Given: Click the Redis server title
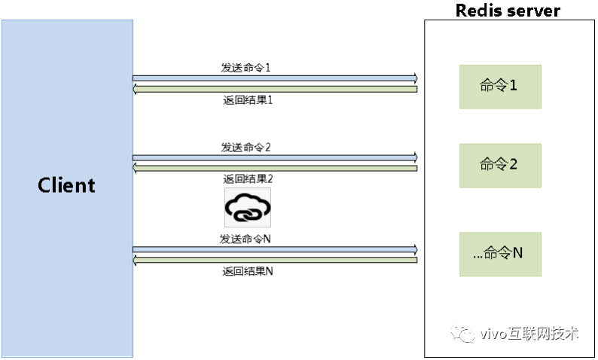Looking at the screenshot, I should pyautogui.click(x=508, y=11).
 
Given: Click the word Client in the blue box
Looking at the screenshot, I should pyautogui.click(x=67, y=185).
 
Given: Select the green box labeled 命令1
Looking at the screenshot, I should pyautogui.click(x=500, y=86).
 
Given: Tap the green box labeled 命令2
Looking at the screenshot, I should pyautogui.click(x=500, y=164).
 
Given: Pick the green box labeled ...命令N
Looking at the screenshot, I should pyautogui.click(x=500, y=253).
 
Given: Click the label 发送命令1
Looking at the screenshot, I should pyautogui.click(x=246, y=67).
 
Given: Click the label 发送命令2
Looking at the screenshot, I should pyautogui.click(x=246, y=147).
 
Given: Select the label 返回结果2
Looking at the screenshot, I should pyautogui.click(x=248, y=179).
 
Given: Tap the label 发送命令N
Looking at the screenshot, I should pyautogui.click(x=246, y=239).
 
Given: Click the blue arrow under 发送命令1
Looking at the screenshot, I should pyautogui.click(x=275, y=78).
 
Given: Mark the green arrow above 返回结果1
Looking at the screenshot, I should pyautogui.click(x=275, y=89).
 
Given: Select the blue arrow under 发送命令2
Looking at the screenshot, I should pyautogui.click(x=275, y=157).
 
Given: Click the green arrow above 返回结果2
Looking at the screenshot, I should pyautogui.click(x=275, y=168).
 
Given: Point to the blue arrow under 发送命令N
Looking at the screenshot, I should pyautogui.click(x=275, y=249).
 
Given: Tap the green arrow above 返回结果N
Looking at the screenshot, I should pyautogui.click(x=275, y=260).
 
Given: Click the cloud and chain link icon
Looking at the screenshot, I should pyautogui.click(x=247, y=208).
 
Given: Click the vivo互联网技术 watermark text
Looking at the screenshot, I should pyautogui.click(x=529, y=334).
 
